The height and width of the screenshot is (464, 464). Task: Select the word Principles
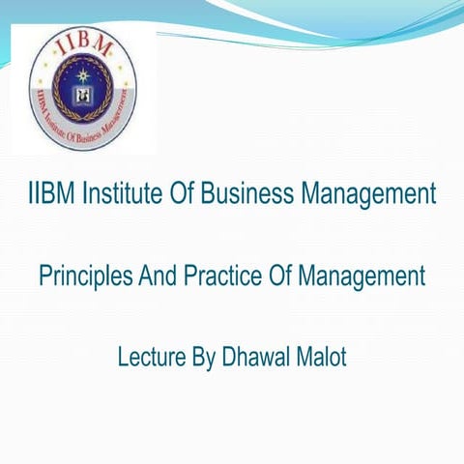coord(80,277)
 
